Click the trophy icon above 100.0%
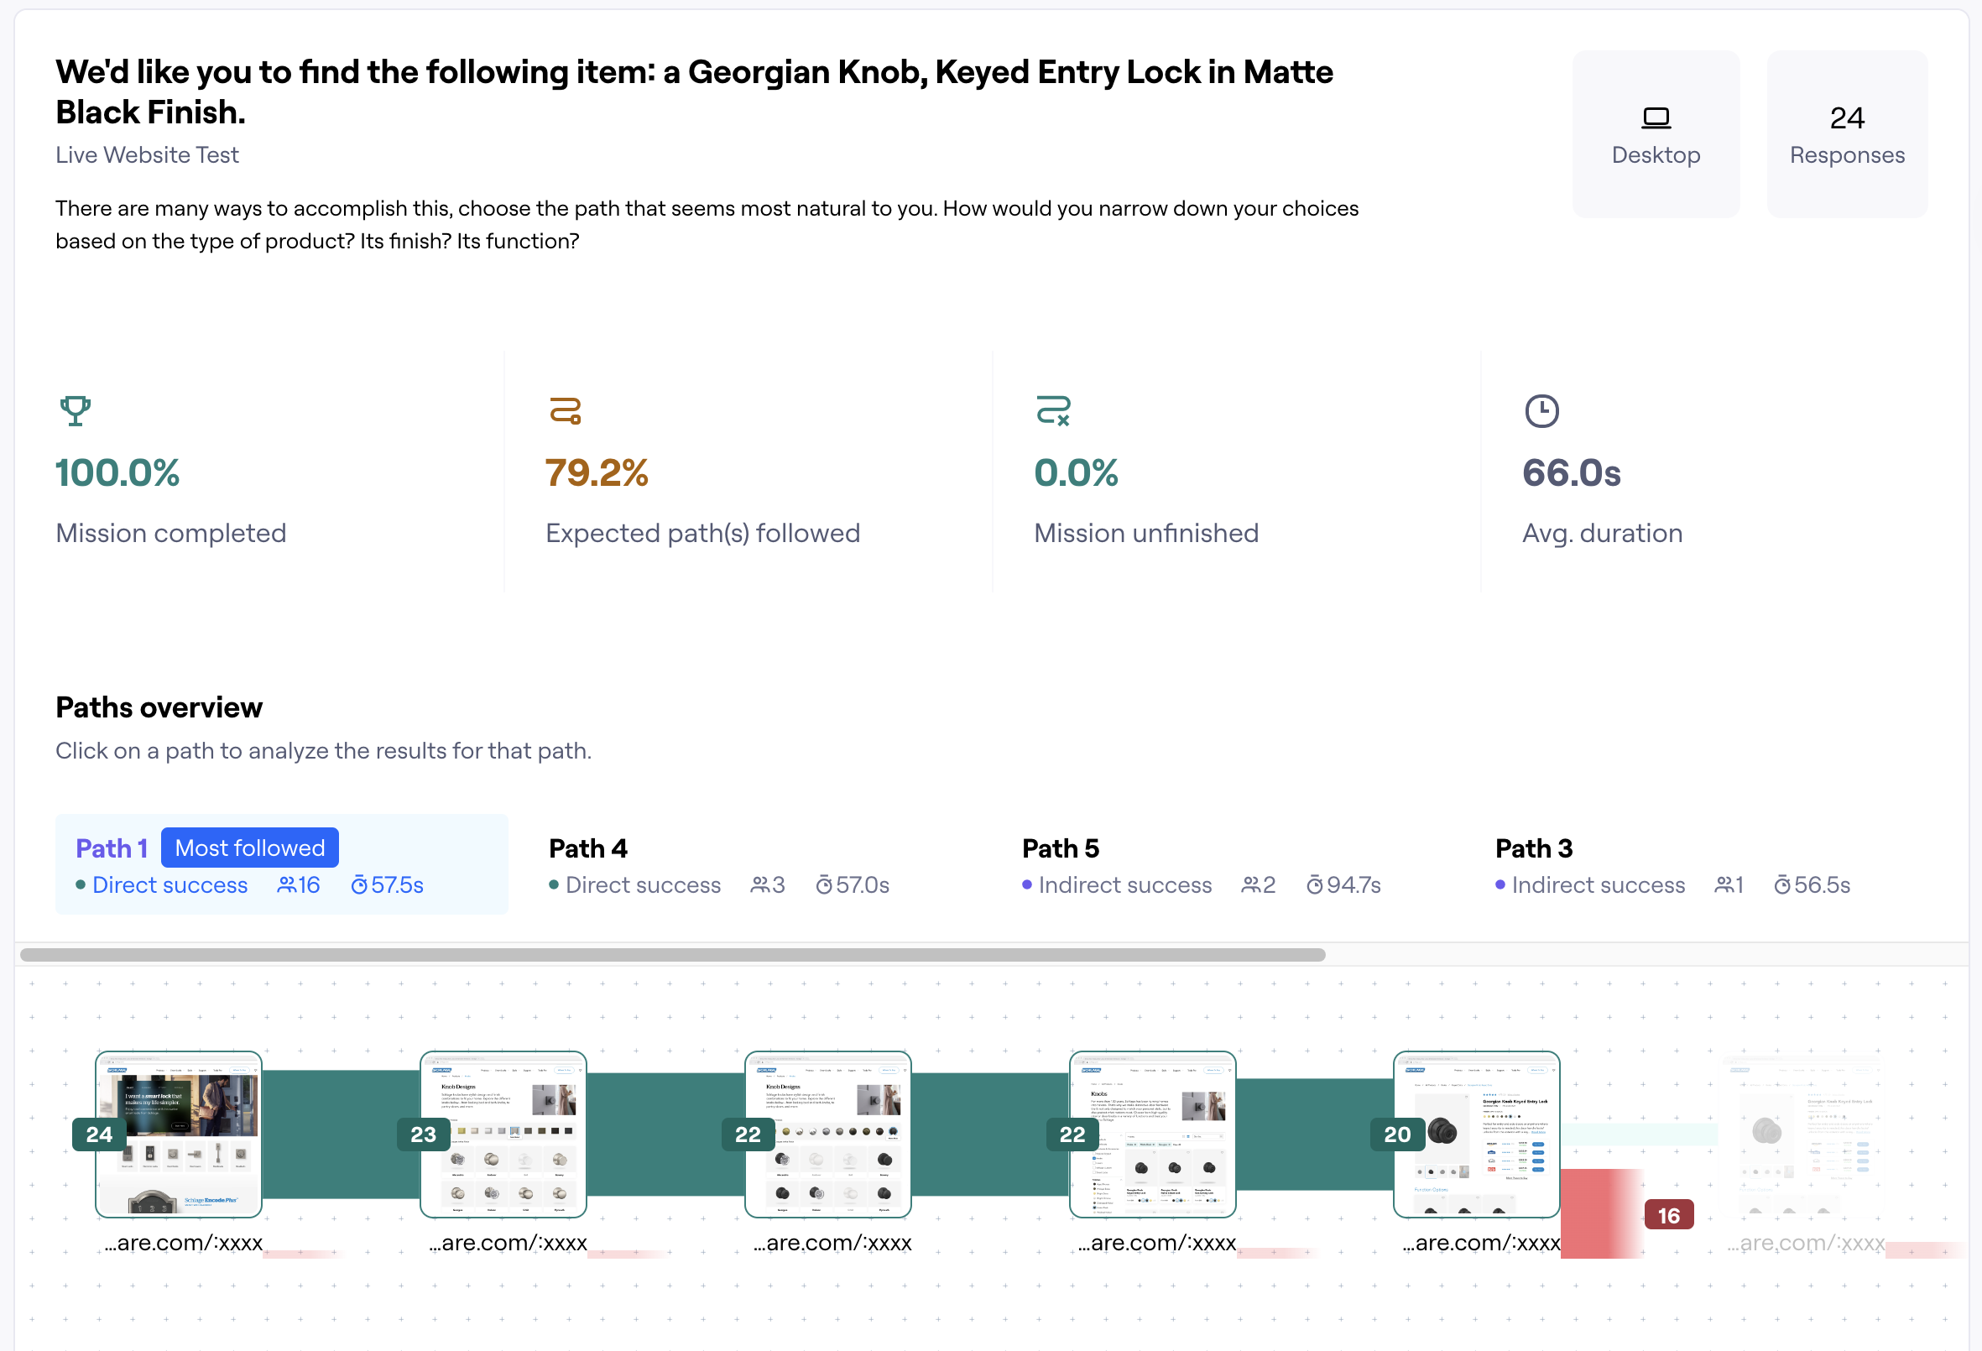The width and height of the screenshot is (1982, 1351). tap(75, 410)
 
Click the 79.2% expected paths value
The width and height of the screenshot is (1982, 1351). tap(596, 472)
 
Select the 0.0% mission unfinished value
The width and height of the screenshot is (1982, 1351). tap(1076, 472)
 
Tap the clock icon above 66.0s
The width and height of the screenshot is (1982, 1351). tap(1541, 411)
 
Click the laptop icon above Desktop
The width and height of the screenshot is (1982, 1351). tap(1656, 117)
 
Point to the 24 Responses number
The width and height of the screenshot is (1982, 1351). tap(1846, 117)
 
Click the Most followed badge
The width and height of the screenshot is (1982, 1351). tap(250, 848)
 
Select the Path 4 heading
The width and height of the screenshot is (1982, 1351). tap(587, 848)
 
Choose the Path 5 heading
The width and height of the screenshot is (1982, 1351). tap(1060, 848)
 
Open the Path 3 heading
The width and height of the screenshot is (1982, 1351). tap(1533, 848)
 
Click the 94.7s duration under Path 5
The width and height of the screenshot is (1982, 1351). tap(1353, 885)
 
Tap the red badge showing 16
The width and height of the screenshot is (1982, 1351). tap(1668, 1215)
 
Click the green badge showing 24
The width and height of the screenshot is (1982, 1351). tap(99, 1135)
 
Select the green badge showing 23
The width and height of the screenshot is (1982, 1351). tap(423, 1135)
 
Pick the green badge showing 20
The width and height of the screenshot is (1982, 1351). tap(1397, 1135)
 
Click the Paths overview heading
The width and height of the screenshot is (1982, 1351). tap(159, 707)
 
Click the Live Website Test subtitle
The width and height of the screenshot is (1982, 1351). tap(147, 154)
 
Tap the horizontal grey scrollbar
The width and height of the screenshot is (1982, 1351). tap(672, 954)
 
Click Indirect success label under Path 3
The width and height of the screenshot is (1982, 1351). tap(1598, 885)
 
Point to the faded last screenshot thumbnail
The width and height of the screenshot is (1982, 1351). tap(1804, 1135)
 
